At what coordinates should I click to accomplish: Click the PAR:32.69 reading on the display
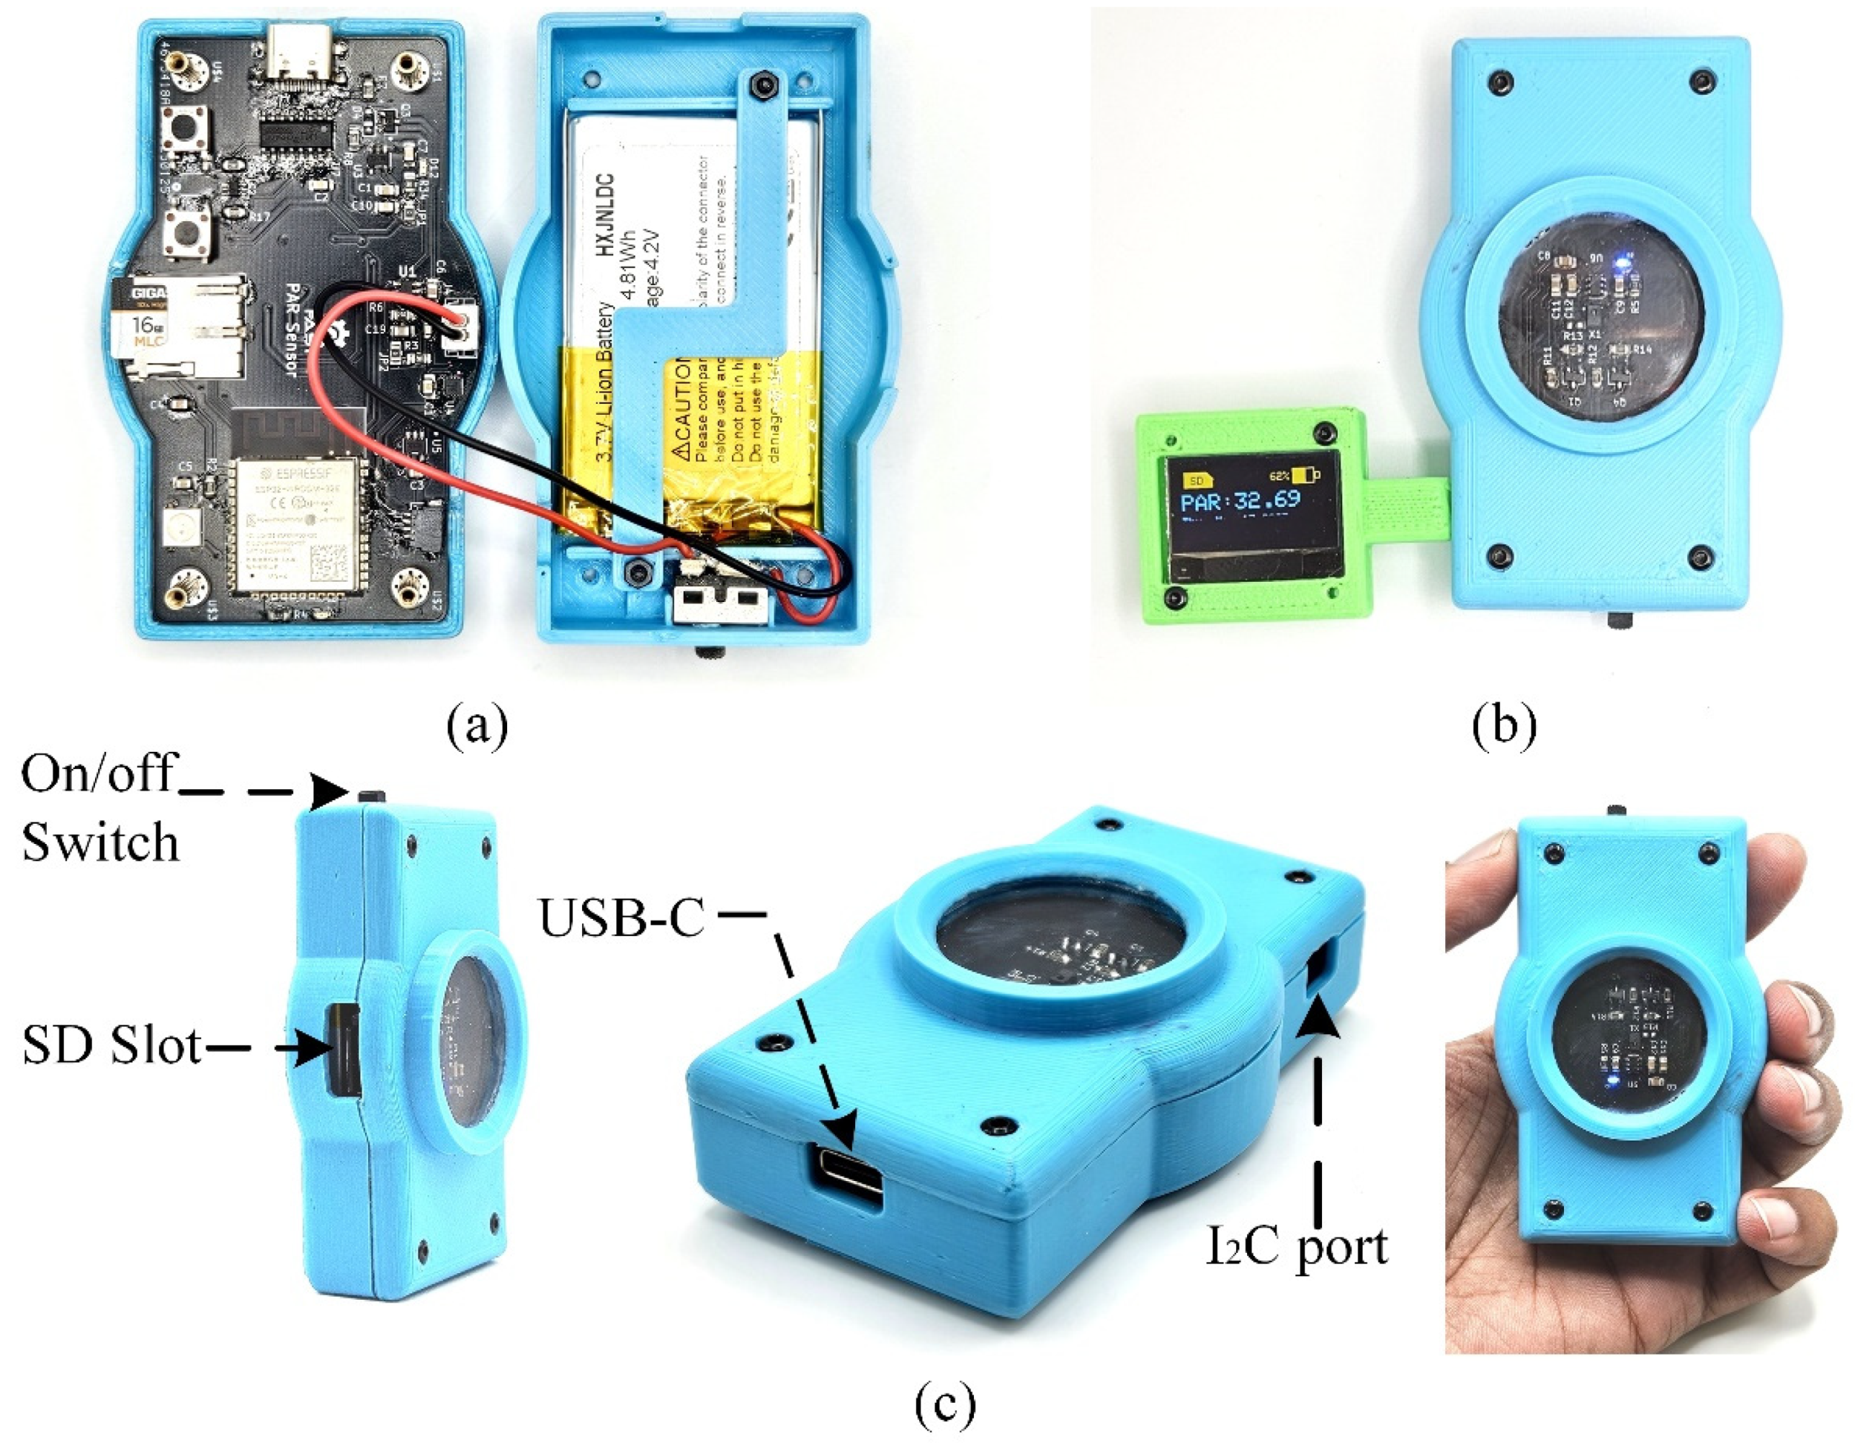pos(1240,500)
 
